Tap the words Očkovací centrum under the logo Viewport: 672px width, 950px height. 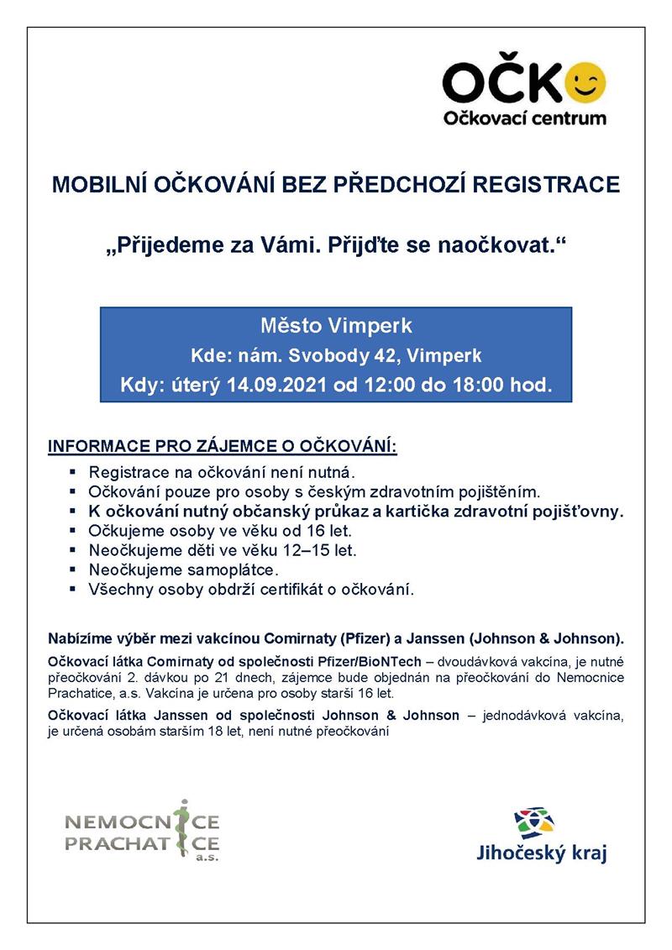524,118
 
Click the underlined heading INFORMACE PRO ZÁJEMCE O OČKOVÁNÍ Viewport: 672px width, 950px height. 223,445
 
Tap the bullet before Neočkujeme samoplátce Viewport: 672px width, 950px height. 73,570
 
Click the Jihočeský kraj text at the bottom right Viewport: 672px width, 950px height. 541,854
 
